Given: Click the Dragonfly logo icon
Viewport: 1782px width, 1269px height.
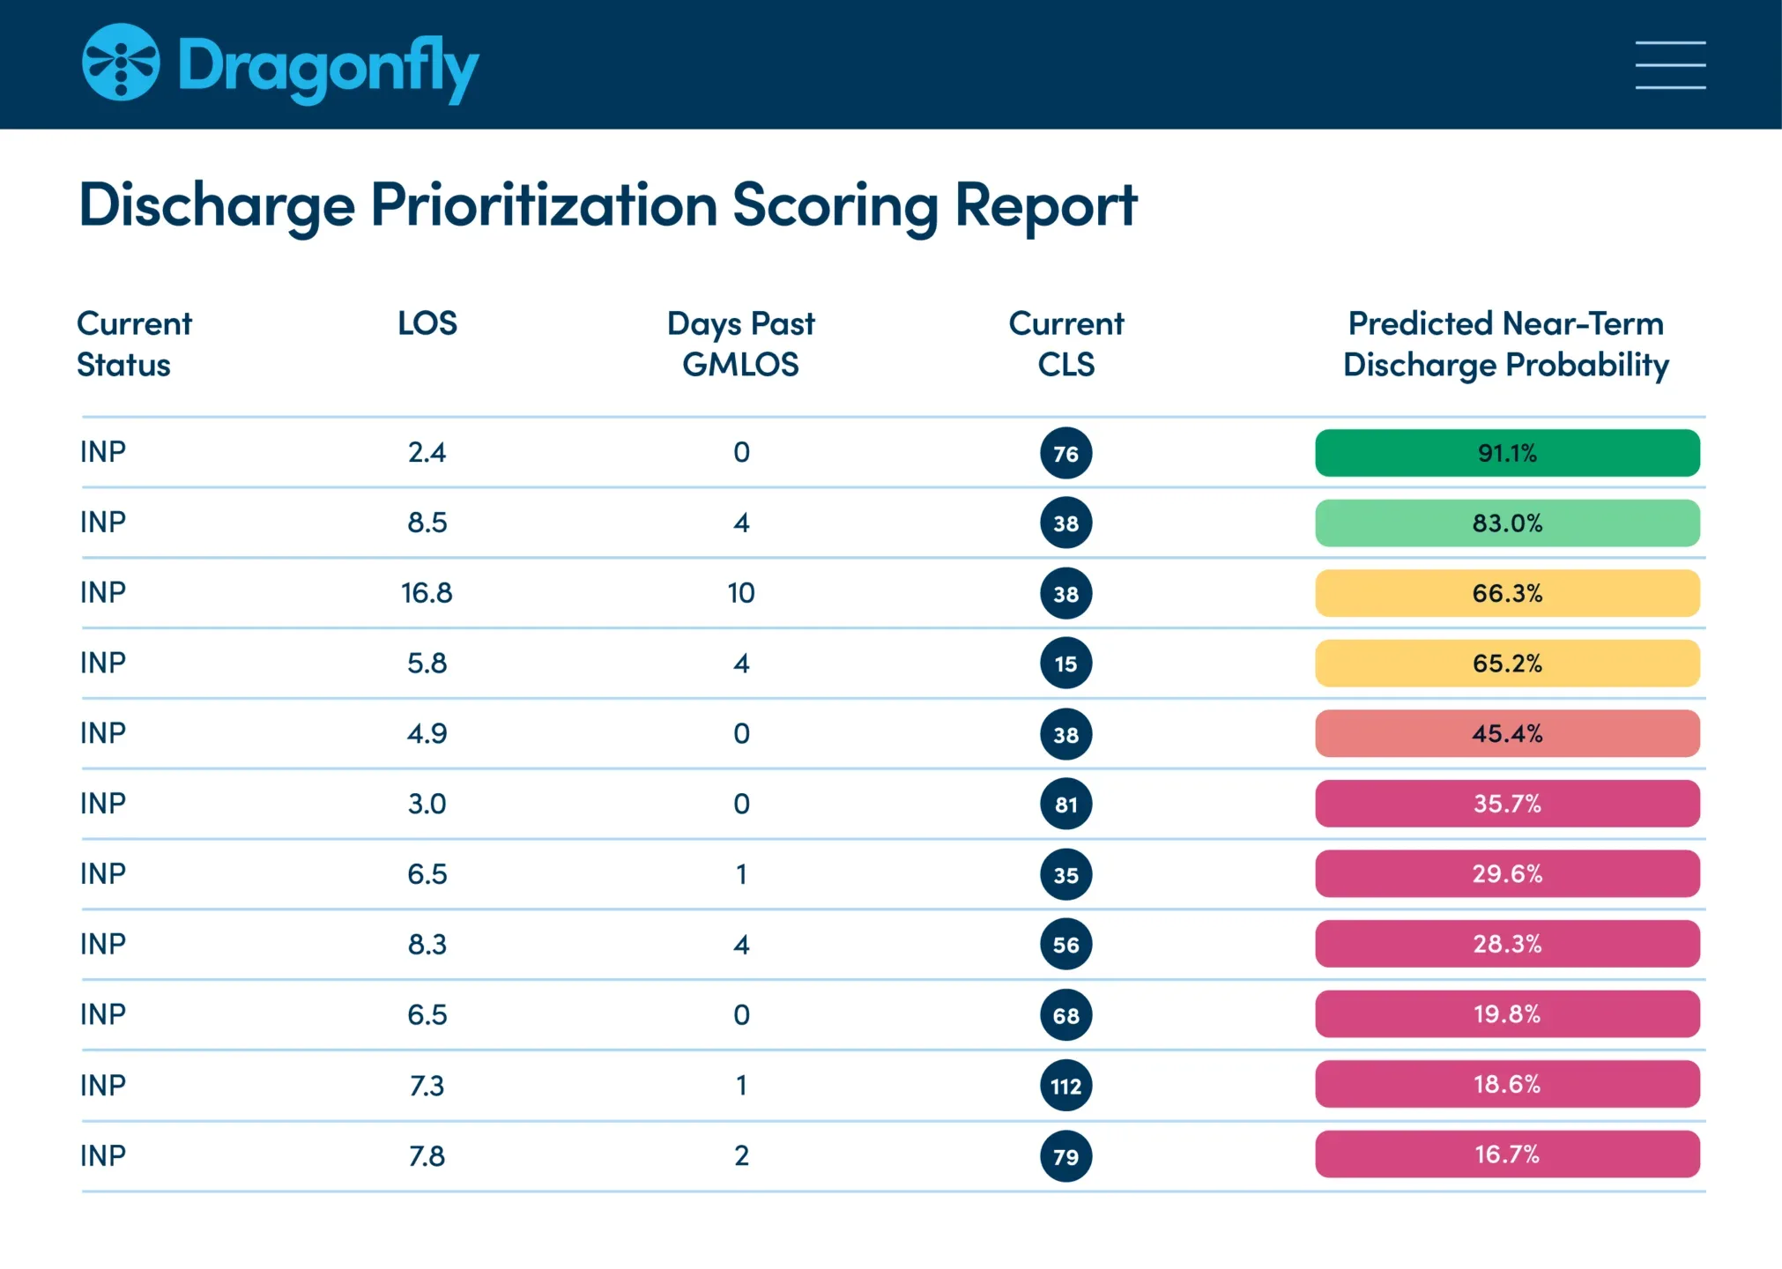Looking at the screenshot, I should click(121, 63).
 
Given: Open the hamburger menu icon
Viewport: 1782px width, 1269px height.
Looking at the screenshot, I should click(1670, 65).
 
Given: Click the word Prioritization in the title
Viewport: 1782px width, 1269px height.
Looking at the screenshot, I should click(544, 204).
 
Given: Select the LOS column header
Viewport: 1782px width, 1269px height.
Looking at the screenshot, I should click(427, 323).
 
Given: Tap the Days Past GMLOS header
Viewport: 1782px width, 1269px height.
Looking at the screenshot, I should click(740, 344).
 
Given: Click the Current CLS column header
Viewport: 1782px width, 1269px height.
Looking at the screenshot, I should click(1065, 344).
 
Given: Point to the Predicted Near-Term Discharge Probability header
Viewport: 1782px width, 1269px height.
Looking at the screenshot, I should click(1505, 344).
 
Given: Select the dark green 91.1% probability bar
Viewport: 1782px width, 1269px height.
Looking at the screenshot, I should click(1507, 453).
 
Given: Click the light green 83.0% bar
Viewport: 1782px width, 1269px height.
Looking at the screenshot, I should click(1507, 523).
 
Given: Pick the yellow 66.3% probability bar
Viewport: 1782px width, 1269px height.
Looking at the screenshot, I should click(1507, 593).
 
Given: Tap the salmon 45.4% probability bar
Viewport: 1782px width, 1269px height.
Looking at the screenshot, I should click(1507, 733).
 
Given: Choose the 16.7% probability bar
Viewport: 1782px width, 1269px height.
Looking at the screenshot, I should click(1507, 1154).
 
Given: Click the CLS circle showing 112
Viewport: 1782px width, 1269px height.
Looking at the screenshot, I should click(1065, 1086).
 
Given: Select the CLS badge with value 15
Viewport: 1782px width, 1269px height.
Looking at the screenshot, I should click(1065, 664).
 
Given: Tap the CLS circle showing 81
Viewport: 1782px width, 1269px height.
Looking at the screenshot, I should click(1065, 804).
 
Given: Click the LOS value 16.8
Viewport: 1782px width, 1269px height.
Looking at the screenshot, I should click(427, 593).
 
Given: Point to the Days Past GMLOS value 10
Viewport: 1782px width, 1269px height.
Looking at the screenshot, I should click(741, 593).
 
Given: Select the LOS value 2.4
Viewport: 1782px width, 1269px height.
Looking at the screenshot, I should click(427, 453).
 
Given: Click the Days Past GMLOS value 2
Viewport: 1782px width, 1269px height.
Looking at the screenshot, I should click(741, 1155).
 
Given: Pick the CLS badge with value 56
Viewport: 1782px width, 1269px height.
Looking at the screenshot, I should click(1065, 945).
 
